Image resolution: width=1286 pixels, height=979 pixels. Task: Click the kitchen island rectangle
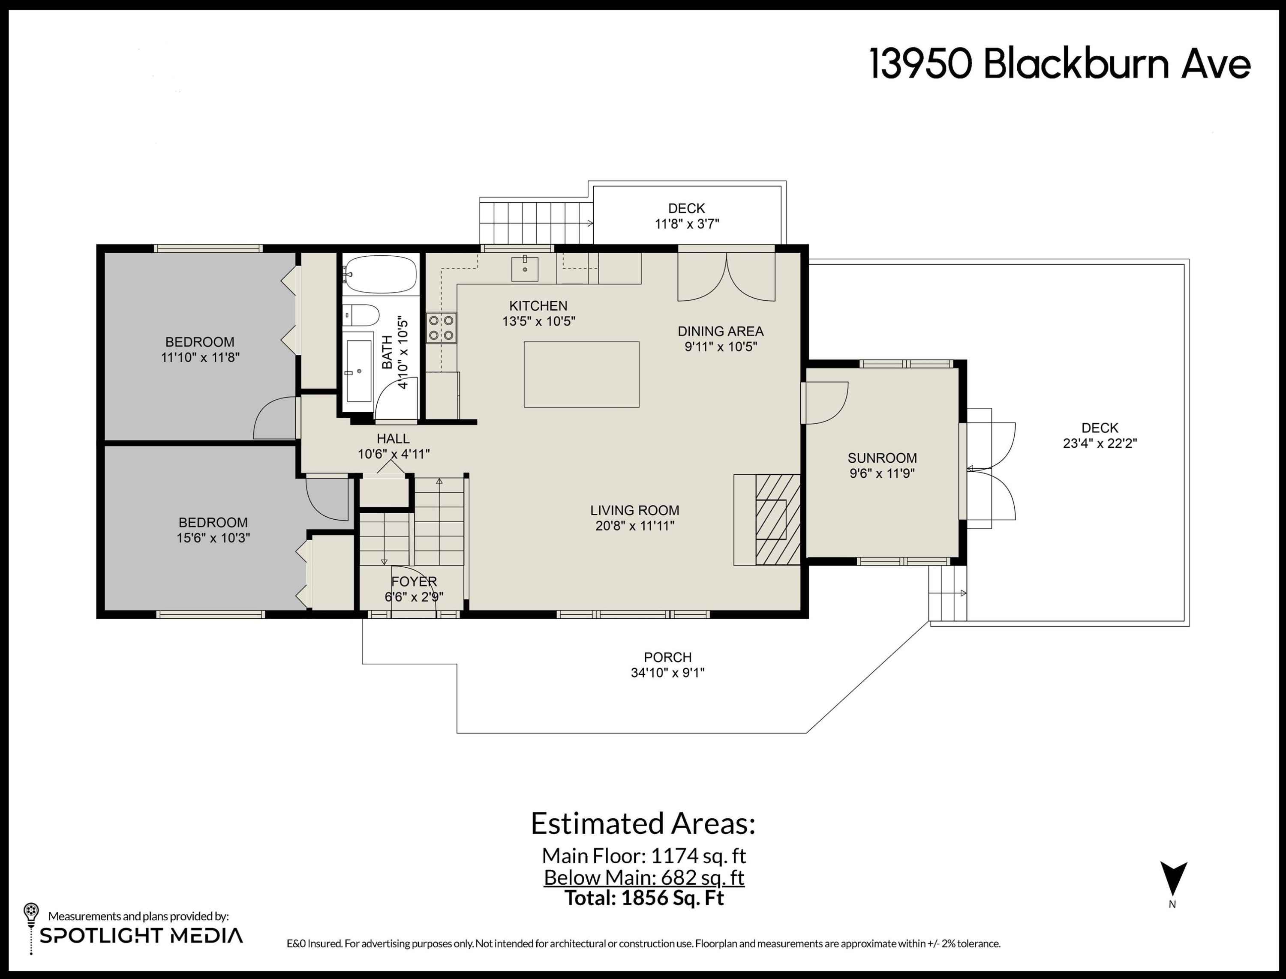pos(581,374)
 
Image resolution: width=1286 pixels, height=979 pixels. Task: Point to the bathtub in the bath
pos(380,274)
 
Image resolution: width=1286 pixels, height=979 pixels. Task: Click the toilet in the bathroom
pos(360,315)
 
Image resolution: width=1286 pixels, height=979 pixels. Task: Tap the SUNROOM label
pos(882,458)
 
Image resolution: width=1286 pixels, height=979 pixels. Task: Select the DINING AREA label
pos(721,331)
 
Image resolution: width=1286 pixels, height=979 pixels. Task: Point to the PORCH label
pos(668,657)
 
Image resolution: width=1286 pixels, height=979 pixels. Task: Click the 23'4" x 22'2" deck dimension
pos(1100,443)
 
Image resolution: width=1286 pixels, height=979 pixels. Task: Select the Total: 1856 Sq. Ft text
pos(644,898)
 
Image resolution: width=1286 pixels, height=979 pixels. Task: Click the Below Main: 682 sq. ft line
pos(644,877)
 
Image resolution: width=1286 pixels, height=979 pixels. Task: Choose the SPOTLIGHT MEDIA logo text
pos(141,935)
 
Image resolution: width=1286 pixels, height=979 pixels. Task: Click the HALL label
pos(393,438)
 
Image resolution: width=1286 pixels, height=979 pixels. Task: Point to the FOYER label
pos(414,581)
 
